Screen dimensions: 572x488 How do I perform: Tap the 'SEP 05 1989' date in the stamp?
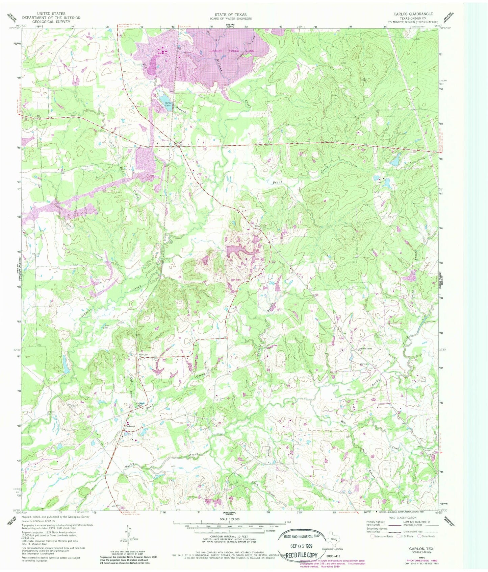[298, 546]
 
